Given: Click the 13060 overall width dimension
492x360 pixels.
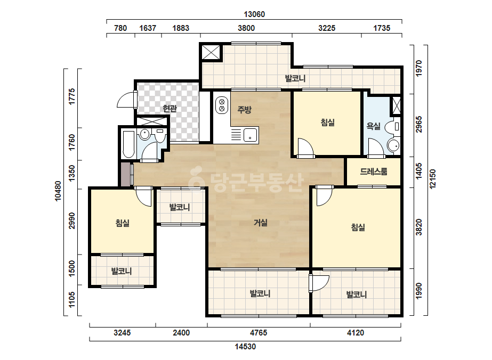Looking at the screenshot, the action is [254, 14].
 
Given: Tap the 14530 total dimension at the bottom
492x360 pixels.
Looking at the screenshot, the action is [245, 347].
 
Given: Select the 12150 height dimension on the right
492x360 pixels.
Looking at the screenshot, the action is [433, 179].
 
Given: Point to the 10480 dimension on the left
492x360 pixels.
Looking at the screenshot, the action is [58, 191].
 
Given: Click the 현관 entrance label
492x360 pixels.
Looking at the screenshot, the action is [170, 109].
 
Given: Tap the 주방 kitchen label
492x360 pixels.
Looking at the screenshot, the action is [245, 110].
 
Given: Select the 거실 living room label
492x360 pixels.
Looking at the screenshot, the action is [261, 223].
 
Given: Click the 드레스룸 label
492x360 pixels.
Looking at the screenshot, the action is [373, 171].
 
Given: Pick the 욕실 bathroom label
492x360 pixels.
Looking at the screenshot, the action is [373, 126].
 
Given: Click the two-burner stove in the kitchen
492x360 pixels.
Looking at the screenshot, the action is [222, 105].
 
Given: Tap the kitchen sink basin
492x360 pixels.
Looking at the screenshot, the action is [250, 135].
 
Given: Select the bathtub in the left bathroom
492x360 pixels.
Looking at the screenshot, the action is [128, 144].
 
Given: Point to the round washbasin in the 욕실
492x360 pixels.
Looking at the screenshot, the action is [393, 145].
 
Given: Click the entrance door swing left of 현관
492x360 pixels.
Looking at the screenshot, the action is [125, 100].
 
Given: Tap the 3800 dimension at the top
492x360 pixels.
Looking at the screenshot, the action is [246, 28].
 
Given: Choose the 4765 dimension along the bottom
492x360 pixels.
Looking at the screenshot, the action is [259, 333].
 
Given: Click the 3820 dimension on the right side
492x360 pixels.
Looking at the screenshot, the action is [418, 227].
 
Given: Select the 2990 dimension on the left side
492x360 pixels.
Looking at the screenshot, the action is [72, 221].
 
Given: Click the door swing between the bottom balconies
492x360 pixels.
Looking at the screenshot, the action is [319, 283].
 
